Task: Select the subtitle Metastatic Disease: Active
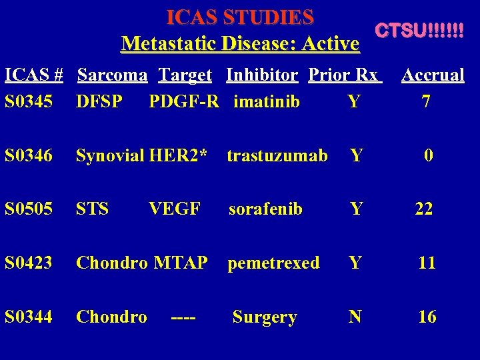click(x=240, y=44)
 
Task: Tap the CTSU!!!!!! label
click(x=419, y=31)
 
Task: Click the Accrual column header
click(x=433, y=75)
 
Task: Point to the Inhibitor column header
click(x=262, y=75)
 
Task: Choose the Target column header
click(x=185, y=75)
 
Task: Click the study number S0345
click(x=28, y=102)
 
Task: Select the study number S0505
click(x=28, y=209)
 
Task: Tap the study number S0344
click(x=28, y=317)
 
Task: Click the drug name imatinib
click(x=267, y=102)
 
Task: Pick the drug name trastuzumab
click(x=277, y=156)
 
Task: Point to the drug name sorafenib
click(x=265, y=209)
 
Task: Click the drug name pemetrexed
click(x=273, y=263)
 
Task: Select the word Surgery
click(x=264, y=317)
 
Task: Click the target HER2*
click(x=187, y=156)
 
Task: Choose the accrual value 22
click(x=424, y=209)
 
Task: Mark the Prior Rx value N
click(x=355, y=317)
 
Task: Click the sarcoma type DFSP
click(x=99, y=102)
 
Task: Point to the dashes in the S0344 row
click(x=183, y=317)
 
